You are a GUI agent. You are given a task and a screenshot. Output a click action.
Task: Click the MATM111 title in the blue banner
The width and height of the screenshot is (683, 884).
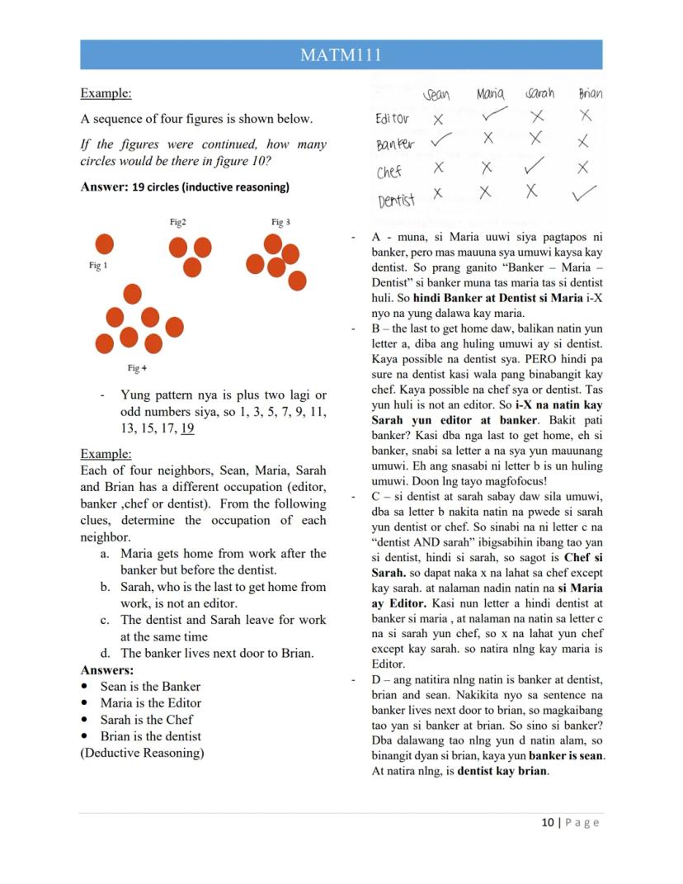(341, 55)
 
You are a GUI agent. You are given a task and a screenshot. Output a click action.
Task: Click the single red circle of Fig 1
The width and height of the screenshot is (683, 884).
(104, 244)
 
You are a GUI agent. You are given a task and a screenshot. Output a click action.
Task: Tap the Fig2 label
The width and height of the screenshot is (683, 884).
(177, 222)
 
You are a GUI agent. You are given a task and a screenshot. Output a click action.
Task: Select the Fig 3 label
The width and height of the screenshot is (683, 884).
(280, 222)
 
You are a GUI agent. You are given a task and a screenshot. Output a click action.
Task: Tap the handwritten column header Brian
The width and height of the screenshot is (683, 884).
(590, 93)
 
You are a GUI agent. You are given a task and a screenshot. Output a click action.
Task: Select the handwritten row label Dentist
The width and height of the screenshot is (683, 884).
(396, 199)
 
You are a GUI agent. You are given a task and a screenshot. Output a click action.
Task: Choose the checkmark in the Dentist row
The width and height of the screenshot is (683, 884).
(585, 194)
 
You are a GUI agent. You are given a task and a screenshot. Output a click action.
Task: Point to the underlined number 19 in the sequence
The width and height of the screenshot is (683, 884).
(187, 428)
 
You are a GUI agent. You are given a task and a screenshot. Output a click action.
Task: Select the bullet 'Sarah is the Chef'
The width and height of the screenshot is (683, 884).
(146, 720)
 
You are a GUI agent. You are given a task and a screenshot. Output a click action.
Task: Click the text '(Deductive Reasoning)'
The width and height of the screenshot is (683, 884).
(141, 753)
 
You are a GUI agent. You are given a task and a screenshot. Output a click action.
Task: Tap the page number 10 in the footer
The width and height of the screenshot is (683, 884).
(548, 822)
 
